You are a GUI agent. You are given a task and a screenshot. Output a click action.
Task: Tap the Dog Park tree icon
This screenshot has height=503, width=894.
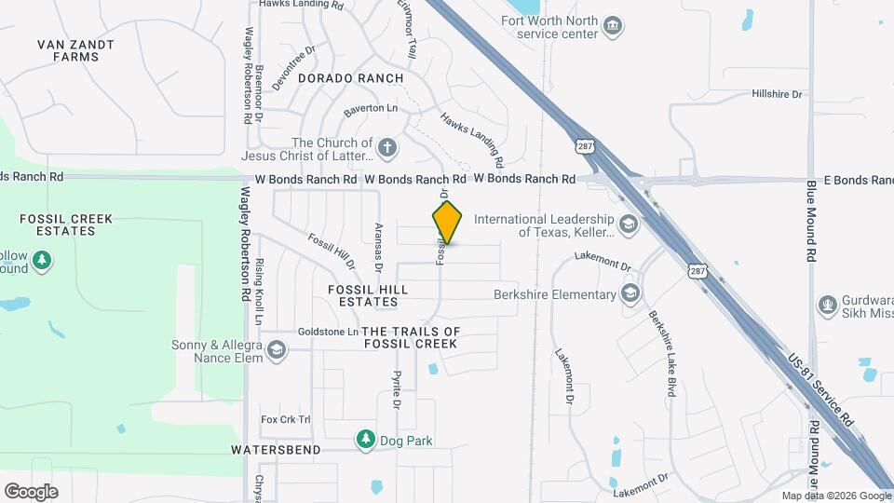pyautogui.click(x=366, y=439)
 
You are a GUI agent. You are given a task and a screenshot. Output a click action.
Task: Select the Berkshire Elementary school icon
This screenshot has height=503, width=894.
pyautogui.click(x=630, y=294)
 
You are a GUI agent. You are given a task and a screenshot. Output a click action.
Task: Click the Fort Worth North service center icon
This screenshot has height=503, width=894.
pyautogui.click(x=612, y=23)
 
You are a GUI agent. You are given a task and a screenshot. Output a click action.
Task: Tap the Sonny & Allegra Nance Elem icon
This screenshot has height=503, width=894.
pyautogui.click(x=275, y=350)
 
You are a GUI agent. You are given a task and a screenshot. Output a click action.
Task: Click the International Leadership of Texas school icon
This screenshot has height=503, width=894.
pyautogui.click(x=629, y=224)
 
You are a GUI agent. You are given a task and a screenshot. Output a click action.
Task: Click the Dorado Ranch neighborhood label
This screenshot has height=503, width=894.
pyautogui.click(x=351, y=79)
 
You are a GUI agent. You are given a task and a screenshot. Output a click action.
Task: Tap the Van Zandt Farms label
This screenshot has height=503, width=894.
pyautogui.click(x=76, y=50)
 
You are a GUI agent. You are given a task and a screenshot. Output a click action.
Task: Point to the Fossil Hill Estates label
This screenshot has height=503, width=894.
pyautogui.click(x=369, y=296)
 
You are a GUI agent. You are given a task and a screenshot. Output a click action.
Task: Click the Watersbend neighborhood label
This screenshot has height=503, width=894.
pyautogui.click(x=276, y=450)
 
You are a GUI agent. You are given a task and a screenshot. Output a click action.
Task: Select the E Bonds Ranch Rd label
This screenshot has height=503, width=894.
pyautogui.click(x=848, y=177)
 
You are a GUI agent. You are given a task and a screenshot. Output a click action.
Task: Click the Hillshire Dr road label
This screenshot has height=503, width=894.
pyautogui.click(x=777, y=94)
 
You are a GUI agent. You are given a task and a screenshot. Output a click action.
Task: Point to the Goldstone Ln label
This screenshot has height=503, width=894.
pyautogui.click(x=328, y=332)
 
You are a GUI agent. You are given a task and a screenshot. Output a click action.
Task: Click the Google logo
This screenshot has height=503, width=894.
pyautogui.click(x=31, y=492)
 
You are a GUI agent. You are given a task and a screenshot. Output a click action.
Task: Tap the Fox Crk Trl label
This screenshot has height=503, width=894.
pyautogui.click(x=286, y=419)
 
